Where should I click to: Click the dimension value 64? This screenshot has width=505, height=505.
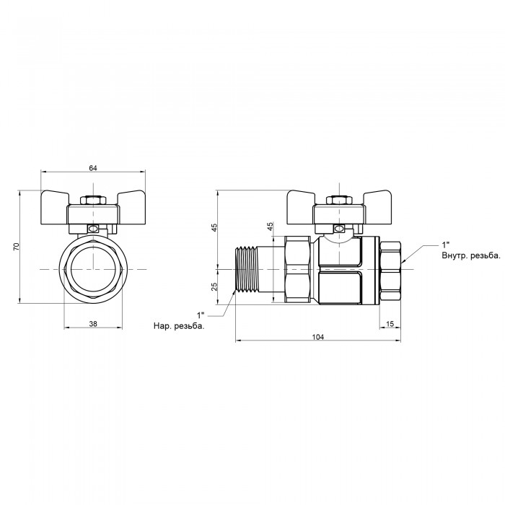pos(92,168)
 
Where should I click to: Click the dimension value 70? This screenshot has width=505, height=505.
pos(17,247)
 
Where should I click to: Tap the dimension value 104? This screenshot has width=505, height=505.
pos(318,337)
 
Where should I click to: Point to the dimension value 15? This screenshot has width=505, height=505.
pos(390,323)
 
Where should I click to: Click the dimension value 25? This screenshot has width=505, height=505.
pos(214,287)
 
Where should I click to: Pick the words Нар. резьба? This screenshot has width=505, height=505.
pos(179,326)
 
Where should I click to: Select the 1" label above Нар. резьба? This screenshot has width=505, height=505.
pos(201,315)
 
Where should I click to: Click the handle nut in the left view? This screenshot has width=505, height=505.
pos(92,199)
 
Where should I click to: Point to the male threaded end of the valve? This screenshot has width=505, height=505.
pos(248,269)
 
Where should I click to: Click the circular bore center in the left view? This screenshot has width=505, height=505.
pos(92,269)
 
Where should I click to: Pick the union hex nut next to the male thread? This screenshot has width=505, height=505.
pos(298,268)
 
